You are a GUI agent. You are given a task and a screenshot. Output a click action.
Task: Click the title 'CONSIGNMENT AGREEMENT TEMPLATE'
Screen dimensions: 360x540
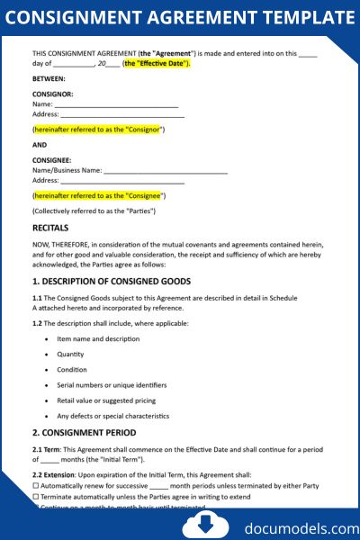click(180, 17)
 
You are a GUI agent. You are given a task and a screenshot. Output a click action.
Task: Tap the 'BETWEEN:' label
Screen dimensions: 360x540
click(49, 78)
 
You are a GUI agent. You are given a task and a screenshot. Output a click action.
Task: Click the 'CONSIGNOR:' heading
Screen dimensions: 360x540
click(53, 94)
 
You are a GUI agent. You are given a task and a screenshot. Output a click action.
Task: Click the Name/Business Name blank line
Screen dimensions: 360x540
click(166, 170)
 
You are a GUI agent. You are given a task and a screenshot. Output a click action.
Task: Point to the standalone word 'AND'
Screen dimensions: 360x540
click(40, 144)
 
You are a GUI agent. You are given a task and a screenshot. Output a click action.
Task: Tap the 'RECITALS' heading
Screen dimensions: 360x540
click(50, 228)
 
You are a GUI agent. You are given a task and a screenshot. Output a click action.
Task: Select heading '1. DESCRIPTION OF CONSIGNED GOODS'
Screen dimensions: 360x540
click(112, 282)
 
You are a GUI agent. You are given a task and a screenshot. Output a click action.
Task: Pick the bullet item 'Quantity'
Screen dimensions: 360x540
click(71, 354)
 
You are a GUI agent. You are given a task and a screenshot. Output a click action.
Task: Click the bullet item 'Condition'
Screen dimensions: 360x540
click(72, 369)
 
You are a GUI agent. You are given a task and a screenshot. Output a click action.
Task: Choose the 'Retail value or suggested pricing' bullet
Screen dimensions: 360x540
click(106, 400)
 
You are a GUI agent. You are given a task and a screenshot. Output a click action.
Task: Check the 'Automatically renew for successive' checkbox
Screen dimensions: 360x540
click(35, 486)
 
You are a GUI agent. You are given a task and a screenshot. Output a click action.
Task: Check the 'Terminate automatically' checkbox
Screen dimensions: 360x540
click(35, 497)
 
